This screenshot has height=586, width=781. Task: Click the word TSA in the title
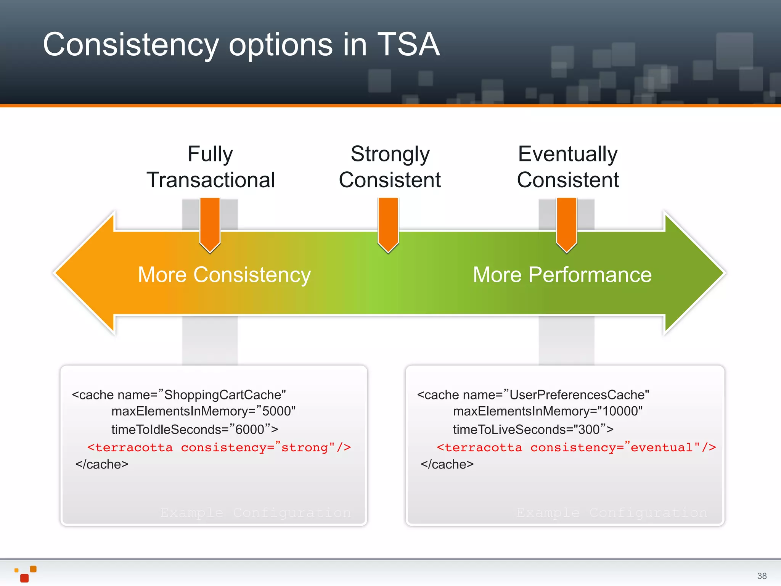408,45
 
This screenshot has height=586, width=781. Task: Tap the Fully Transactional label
211,167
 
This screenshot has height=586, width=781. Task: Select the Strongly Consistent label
390,167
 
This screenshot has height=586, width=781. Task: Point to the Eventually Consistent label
568,167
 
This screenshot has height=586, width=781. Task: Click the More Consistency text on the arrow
224,275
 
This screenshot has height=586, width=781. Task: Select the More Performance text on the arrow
562,275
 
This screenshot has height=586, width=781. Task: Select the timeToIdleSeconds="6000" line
194,429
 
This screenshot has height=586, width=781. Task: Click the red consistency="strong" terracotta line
219,447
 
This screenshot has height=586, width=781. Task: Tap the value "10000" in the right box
620,411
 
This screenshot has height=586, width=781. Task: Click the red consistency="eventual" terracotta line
576,447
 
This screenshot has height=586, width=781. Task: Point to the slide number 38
762,576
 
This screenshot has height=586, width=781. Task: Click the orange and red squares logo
26,573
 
